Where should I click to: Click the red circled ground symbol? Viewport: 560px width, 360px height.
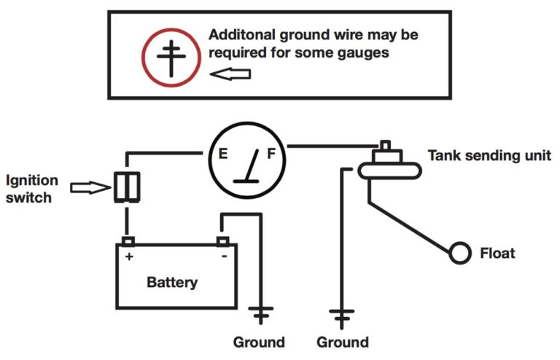click(x=171, y=55)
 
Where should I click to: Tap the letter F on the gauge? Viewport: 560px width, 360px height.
click(x=270, y=154)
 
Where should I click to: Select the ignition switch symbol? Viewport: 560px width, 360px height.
click(x=127, y=187)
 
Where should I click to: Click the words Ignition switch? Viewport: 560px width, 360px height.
click(x=28, y=187)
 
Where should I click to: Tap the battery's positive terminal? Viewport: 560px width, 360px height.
click(x=128, y=240)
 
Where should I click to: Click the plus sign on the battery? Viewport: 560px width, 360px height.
click(x=130, y=257)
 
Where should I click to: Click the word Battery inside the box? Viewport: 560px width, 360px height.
click(x=172, y=281)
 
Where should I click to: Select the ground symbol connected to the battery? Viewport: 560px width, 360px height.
click(x=260, y=315)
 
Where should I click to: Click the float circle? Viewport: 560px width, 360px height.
click(x=459, y=253)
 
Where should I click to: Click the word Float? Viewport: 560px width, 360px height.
click(x=497, y=254)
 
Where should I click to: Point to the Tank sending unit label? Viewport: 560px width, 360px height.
click(x=489, y=155)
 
